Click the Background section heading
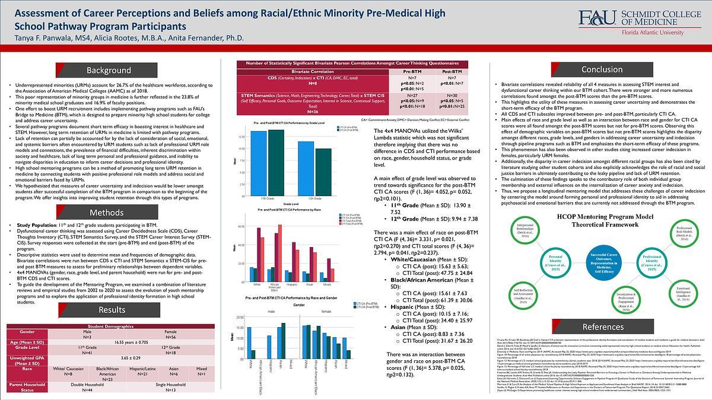click(x=109, y=71)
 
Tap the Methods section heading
click(x=107, y=213)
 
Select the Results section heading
click(x=112, y=310)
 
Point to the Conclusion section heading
click(x=602, y=70)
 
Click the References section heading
click(x=603, y=327)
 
